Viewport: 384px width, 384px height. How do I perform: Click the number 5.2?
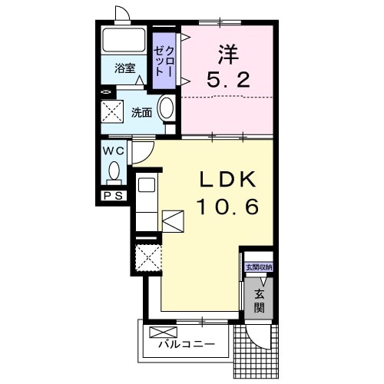229,79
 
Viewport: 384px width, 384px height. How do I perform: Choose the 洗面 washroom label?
141,112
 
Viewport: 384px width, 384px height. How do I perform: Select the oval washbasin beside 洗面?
166,110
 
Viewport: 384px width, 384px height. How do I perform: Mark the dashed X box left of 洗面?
113,112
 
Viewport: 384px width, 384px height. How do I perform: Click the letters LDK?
227,179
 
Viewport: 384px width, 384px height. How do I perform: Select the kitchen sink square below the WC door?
147,184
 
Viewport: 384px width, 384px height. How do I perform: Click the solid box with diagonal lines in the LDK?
172,220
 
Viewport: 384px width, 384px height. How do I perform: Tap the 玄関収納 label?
258,267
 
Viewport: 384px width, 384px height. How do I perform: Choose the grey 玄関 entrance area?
259,300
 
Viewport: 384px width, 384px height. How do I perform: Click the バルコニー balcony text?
187,345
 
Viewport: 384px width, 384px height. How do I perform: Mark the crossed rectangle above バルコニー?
164,332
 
